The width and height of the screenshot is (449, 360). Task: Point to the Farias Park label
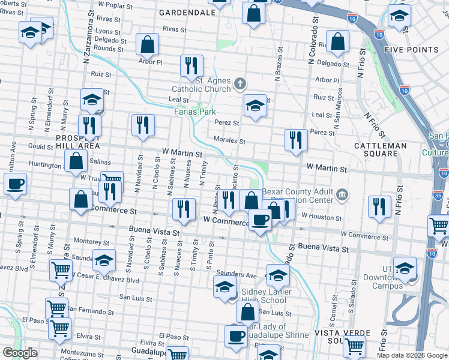(x=194, y=112)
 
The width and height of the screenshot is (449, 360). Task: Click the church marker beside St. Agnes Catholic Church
(x=240, y=83)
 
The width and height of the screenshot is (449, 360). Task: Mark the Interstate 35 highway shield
(x=441, y=194)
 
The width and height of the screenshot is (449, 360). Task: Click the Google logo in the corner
(x=20, y=353)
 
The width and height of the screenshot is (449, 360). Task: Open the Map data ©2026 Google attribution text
(x=412, y=355)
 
